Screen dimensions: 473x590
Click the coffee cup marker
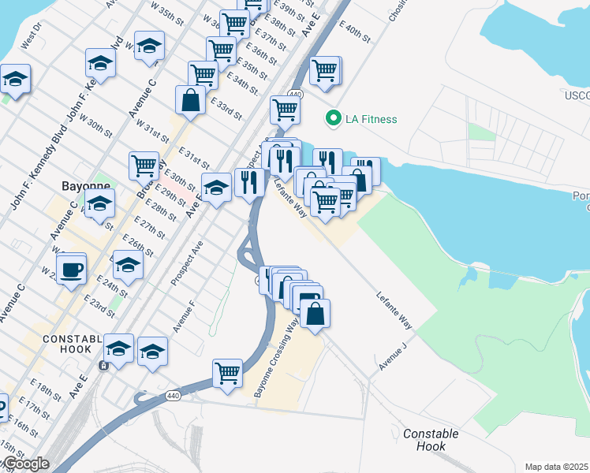pos(72,269)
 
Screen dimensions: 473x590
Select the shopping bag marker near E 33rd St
pos(191,100)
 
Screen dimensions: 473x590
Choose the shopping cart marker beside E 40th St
pos(325,72)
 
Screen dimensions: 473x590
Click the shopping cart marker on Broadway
pos(144,166)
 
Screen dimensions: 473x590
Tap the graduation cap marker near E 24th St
pos(127,265)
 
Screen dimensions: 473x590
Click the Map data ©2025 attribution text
pos(557,467)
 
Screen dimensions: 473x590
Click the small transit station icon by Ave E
pos(103,366)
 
